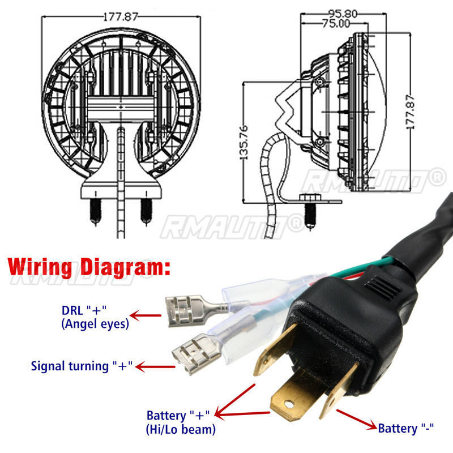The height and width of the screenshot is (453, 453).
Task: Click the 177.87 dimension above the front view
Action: pos(121,17)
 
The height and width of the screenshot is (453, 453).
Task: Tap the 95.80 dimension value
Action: pos(343,14)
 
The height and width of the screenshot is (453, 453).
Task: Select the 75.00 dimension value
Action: pos(336,23)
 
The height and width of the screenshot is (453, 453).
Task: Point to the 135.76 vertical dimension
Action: pos(244,142)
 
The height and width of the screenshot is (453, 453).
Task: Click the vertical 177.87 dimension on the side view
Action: pos(410,112)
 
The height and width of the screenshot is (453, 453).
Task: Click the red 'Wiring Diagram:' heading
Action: pos(89,267)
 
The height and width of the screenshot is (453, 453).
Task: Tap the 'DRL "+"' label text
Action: pos(84,310)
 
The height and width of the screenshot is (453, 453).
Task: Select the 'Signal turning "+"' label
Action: pos(82,366)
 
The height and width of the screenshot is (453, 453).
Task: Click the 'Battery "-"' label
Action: pos(406,428)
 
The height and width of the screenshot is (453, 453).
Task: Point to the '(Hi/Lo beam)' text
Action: pos(181,429)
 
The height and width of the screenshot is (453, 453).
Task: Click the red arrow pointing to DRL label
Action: pos(146,315)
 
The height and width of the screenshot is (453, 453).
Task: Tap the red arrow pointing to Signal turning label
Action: pos(155,367)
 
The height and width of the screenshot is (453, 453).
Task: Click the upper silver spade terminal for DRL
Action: pos(197,310)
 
